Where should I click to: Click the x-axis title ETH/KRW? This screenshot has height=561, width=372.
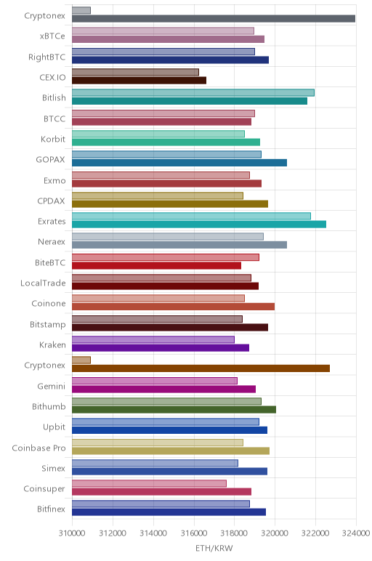[x=214, y=548]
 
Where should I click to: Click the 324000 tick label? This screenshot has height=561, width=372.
[x=355, y=533]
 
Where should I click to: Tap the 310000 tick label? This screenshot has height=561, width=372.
[x=72, y=533]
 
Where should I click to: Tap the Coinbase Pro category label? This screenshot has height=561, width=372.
[x=39, y=448]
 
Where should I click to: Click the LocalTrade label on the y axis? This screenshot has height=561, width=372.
[x=43, y=283]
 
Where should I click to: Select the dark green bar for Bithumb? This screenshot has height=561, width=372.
[x=174, y=410]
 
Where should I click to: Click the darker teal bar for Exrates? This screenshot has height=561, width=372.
[x=199, y=225]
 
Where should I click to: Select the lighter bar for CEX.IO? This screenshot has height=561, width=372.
[x=135, y=72]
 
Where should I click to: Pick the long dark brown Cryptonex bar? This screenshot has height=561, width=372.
[x=201, y=368]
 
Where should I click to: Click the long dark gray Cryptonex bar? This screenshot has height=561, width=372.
[x=214, y=19]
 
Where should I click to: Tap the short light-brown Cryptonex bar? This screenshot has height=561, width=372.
[x=81, y=360]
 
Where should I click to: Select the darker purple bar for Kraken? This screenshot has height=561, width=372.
[x=161, y=348]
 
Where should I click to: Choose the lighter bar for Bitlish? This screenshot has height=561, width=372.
[x=193, y=93]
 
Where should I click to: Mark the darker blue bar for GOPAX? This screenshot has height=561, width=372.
[x=179, y=163]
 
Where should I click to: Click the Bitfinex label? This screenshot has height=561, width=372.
[x=51, y=509]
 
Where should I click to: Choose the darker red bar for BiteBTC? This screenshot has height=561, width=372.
[x=156, y=265]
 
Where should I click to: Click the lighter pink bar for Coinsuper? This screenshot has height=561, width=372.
[x=149, y=483]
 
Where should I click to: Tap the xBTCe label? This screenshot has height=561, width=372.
[x=52, y=36]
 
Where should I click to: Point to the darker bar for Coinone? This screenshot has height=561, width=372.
[x=173, y=307]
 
